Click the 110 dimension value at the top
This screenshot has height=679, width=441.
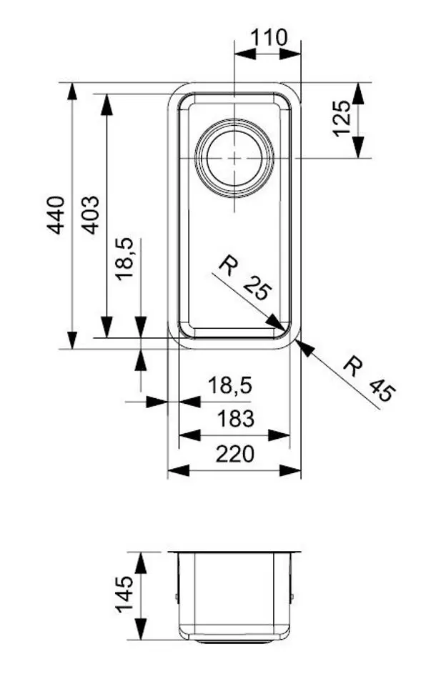pos(268,36)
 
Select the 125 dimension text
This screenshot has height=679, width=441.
pos(342,118)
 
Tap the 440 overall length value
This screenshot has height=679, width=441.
pos(55,214)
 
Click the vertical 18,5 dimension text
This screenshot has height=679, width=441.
pos(126,259)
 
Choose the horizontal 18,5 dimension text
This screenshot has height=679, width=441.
pos(230,385)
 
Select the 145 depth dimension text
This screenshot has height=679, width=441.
pos(123,594)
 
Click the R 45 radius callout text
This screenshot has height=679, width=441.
pos(368,379)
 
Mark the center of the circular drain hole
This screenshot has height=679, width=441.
pos(234,157)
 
